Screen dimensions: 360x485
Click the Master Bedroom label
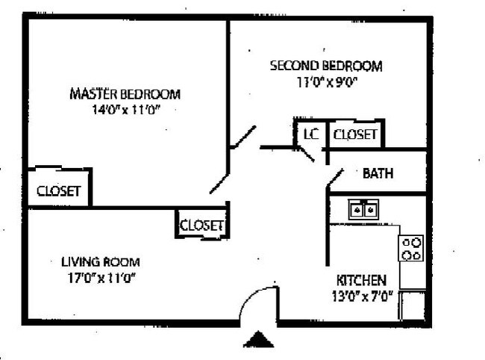point(125,94)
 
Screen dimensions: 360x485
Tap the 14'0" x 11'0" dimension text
point(125,110)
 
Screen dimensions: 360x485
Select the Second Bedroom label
point(325,66)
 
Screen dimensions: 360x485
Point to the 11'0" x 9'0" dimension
point(325,81)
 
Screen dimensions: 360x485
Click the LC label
point(310,134)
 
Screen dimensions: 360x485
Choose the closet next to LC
point(355,134)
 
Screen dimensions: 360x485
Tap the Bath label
point(378,174)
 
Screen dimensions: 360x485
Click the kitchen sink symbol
point(365,210)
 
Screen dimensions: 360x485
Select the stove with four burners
point(411,248)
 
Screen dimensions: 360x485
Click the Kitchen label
point(361,280)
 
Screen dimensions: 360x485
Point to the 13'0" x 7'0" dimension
point(361,296)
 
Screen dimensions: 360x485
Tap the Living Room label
point(100,262)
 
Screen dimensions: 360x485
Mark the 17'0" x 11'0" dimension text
point(100,278)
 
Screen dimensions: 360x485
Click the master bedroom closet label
point(58,190)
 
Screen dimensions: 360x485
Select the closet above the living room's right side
point(201,225)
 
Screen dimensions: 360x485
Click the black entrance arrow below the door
point(258,340)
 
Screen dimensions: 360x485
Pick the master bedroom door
point(221,182)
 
